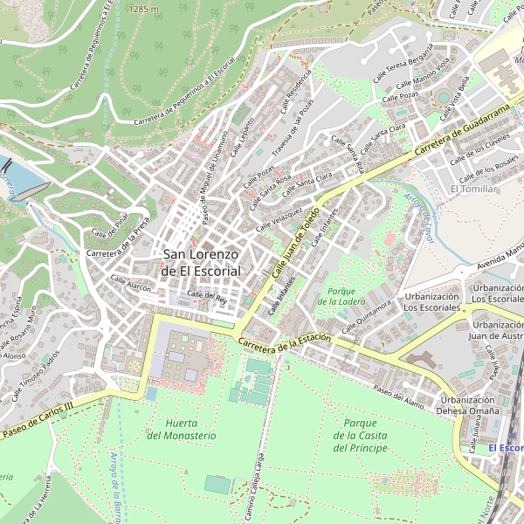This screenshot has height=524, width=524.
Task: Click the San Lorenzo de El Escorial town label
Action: [x=201, y=263]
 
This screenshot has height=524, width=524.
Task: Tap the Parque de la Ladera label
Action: [x=341, y=296]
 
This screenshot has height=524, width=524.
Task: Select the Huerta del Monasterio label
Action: [x=182, y=429]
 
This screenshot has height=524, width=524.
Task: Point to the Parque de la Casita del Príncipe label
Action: [x=359, y=435]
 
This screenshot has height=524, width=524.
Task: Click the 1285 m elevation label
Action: [x=143, y=9]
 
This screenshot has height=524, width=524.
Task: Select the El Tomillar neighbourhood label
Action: [x=473, y=189]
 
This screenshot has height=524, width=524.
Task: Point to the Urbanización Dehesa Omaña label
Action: [x=468, y=406]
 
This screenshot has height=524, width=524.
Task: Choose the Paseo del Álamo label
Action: [x=398, y=393]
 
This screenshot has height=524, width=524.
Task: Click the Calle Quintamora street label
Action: [x=366, y=317]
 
